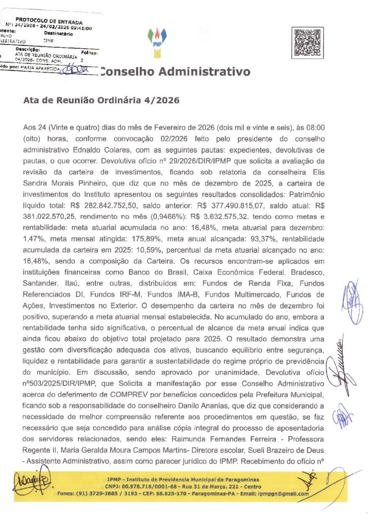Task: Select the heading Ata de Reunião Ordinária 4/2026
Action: tap(101, 101)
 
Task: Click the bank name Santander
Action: tap(41, 273)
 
